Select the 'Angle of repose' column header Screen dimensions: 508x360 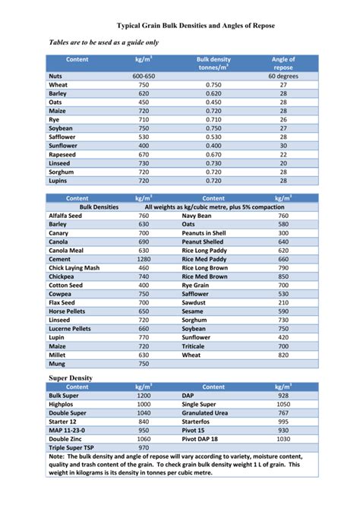tap(283, 63)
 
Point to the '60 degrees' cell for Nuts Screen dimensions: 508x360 tap(283, 76)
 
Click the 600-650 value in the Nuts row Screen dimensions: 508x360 tap(144, 76)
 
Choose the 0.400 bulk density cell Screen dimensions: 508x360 tap(213, 145)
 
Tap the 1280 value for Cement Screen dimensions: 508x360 tap(144, 259)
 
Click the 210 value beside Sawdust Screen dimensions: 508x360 tap(283, 302)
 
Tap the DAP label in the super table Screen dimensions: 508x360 tap(188, 396)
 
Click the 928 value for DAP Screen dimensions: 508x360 tap(283, 396)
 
